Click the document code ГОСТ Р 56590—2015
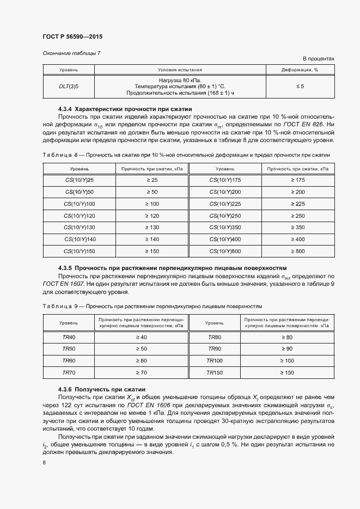coord(72,37)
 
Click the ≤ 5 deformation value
coord(300,86)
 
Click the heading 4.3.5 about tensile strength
coord(172,268)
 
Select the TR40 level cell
coord(69,338)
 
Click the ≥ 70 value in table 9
coord(141,372)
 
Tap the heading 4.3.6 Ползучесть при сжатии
coord(102,390)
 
